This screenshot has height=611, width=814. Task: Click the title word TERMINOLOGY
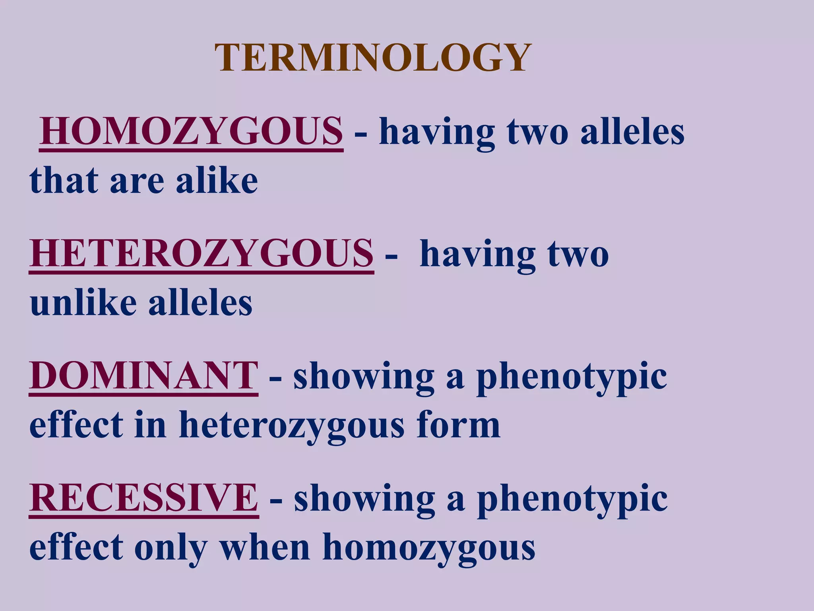click(x=373, y=58)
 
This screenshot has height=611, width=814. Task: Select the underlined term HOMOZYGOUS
click(x=191, y=131)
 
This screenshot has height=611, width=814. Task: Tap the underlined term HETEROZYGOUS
click(x=202, y=253)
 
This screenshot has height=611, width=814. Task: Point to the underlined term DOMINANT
click(x=143, y=376)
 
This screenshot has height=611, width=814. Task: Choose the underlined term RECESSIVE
click(x=144, y=498)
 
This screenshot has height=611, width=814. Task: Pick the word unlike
click(x=83, y=303)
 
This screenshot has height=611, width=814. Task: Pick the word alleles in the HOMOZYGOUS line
click(x=632, y=131)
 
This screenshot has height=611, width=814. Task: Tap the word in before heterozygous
click(x=151, y=425)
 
